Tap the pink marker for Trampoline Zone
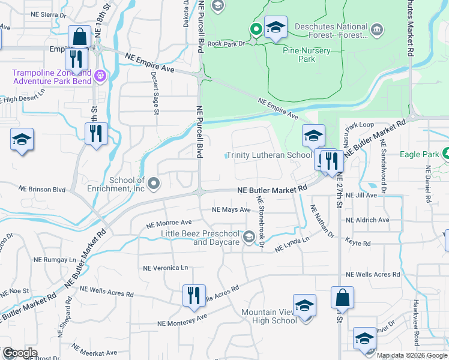[100, 76]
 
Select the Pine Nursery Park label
[307, 55]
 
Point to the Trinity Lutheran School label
[269, 155]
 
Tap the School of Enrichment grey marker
[154, 183]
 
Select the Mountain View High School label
[269, 316]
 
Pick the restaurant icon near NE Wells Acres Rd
[193, 295]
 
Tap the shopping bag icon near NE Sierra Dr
[79, 37]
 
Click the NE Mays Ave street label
[231, 210]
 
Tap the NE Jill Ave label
[362, 195]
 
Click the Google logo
[20, 353]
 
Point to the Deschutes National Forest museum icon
[377, 29]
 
